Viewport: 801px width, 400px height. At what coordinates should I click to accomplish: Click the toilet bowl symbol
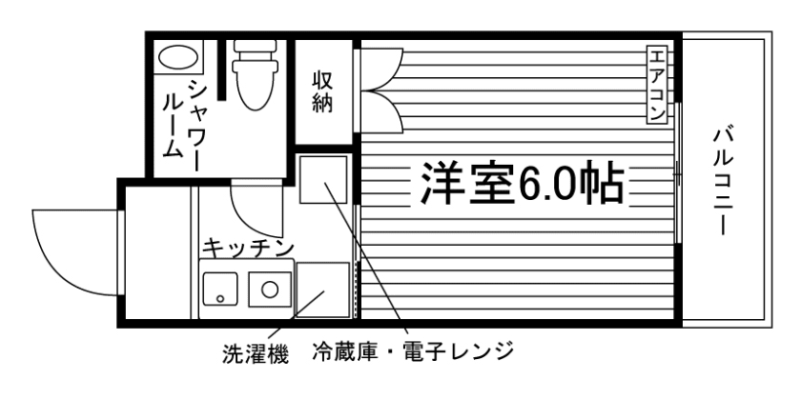click(x=253, y=90)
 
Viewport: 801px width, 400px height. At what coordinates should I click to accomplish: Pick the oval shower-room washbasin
click(x=178, y=58)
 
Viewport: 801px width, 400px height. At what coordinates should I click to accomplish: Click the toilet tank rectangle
click(x=255, y=51)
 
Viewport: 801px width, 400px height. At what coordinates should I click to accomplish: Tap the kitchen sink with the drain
click(x=222, y=288)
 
